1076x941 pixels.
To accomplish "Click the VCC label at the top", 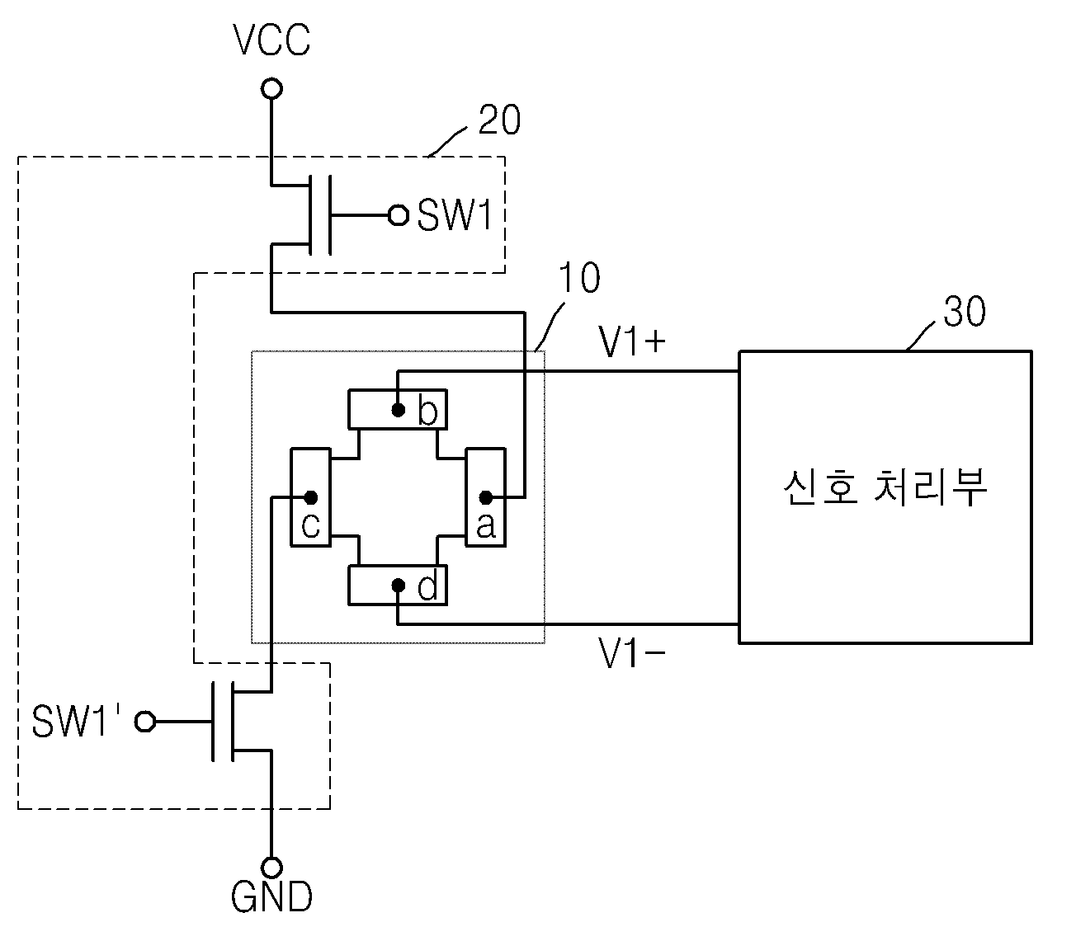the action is (x=271, y=40).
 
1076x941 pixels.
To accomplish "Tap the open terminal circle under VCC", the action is (x=271, y=88).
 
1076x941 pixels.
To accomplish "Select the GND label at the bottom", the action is (x=271, y=896).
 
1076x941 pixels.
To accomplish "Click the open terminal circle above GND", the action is (x=271, y=868).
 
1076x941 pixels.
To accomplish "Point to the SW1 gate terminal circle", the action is (x=398, y=215).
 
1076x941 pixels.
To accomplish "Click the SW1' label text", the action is (x=76, y=720).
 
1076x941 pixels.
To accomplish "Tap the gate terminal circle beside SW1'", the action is (x=145, y=722).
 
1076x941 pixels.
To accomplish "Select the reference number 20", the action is (x=499, y=120).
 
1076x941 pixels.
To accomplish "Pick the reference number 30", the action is (x=964, y=311).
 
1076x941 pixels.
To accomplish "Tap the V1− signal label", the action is (x=631, y=653).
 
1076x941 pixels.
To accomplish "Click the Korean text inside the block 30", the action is (x=885, y=487).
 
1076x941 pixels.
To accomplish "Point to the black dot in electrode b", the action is (x=398, y=410).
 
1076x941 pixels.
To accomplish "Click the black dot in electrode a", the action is (x=486, y=497).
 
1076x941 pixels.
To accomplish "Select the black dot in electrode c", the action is (x=311, y=497).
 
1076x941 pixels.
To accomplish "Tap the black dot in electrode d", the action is (x=398, y=585).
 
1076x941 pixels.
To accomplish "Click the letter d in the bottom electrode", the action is (x=427, y=586).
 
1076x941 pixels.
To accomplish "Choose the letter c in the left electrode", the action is (x=310, y=525).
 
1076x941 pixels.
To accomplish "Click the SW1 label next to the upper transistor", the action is (x=455, y=215).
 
